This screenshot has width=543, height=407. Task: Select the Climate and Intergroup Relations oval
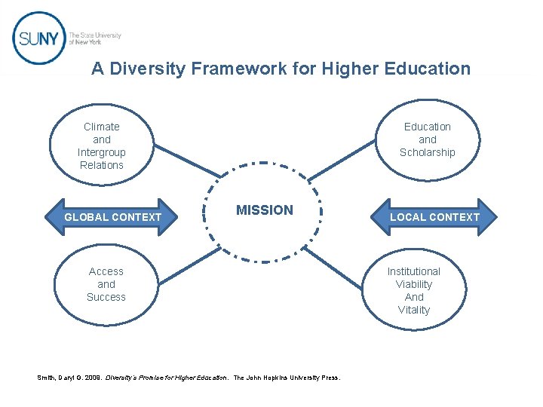click(102, 145)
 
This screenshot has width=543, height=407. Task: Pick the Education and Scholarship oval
click(428, 139)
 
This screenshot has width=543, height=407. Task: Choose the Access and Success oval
click(106, 284)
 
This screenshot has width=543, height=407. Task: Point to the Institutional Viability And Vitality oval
click(414, 290)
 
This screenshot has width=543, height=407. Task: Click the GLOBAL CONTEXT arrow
click(113, 217)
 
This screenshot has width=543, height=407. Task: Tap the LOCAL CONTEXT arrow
click(434, 217)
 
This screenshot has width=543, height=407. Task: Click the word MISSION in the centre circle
click(265, 210)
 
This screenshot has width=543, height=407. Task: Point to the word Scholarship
click(428, 152)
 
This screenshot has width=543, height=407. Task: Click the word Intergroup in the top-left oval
click(102, 152)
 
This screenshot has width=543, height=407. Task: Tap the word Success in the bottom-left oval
click(106, 297)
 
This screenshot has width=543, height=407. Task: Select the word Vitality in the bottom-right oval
click(414, 310)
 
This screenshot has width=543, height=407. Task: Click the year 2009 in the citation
click(92, 378)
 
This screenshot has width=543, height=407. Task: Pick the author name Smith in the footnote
click(46, 378)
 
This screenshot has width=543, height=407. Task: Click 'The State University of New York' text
click(94, 38)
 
